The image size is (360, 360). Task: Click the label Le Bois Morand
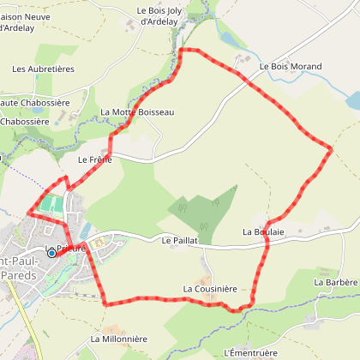[290, 66]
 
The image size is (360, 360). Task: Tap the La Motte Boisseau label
[137, 112]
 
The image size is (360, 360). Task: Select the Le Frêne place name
[94, 159]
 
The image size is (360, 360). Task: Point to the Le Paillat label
[179, 242]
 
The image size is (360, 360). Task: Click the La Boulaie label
[263, 231]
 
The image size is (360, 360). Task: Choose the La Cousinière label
[209, 290]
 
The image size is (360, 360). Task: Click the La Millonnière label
[119, 339]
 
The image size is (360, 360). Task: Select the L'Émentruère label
[250, 352]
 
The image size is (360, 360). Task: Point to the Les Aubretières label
[44, 69]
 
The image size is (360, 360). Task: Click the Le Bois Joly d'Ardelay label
[160, 15]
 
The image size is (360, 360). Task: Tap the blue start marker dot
[51, 253]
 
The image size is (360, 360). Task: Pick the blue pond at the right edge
[353, 100]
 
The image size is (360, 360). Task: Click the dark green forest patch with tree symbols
[206, 210]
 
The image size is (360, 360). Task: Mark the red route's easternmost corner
[331, 150]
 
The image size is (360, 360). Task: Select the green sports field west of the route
[51, 204]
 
